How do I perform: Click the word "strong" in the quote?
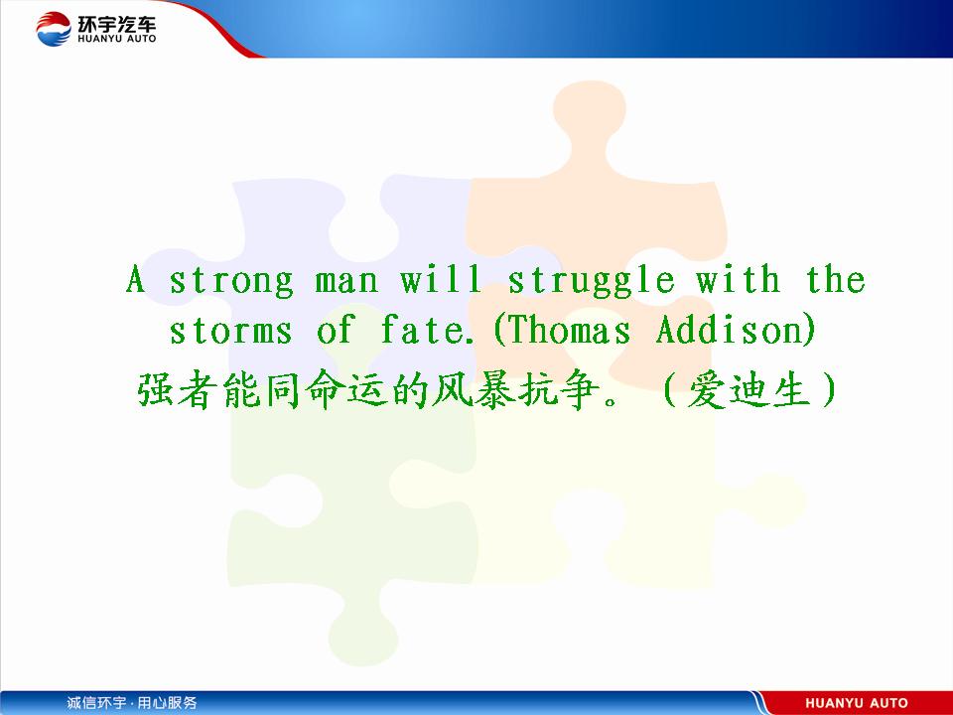click(x=231, y=281)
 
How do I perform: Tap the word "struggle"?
click(x=591, y=281)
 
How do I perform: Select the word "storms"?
click(x=230, y=331)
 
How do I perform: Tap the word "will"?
click(x=441, y=279)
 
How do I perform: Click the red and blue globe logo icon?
click(x=54, y=29)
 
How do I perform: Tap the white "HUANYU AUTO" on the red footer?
click(x=857, y=703)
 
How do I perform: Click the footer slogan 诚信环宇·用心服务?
click(x=132, y=703)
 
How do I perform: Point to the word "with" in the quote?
click(x=738, y=279)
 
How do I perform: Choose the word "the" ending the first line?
click(x=836, y=279)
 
